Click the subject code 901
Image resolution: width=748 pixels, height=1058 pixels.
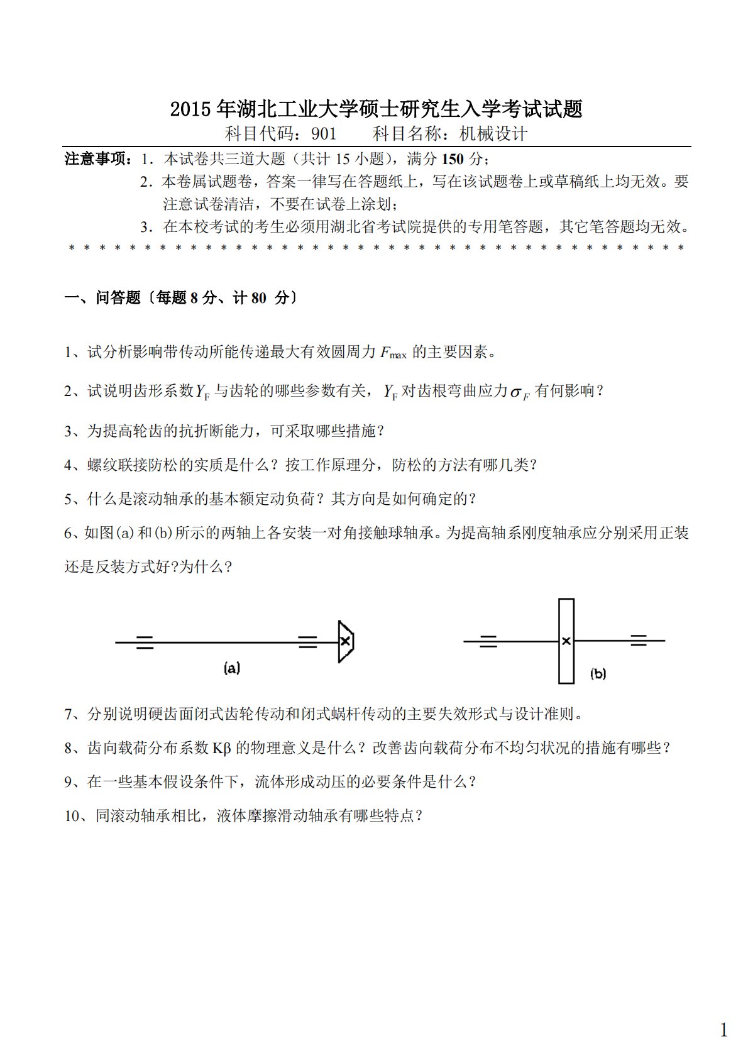324,134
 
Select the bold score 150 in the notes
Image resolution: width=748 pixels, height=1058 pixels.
453,158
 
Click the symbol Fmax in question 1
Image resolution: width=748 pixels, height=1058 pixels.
393,353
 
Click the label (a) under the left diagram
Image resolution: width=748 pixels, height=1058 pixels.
232,668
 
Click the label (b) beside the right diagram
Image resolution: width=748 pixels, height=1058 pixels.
597,674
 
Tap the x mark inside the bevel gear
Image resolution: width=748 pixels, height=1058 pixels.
345,641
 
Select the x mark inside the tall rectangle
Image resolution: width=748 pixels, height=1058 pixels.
566,641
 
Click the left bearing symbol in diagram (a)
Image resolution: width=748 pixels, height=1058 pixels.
145,642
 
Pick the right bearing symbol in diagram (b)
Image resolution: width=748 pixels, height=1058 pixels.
639,641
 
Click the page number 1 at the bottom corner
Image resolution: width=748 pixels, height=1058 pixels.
723,1030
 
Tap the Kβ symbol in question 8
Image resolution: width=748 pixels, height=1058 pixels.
222,748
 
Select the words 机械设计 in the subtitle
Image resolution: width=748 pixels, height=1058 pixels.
493,134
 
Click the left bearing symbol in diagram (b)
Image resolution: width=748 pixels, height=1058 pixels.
488,641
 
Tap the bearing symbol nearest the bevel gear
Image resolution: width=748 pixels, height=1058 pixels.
307,642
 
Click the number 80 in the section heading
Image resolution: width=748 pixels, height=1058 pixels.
258,298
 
